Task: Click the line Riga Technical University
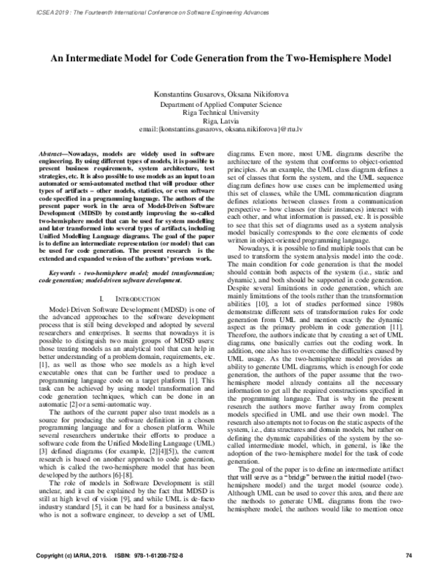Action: (x=220, y=114)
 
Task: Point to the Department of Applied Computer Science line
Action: (x=220, y=105)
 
